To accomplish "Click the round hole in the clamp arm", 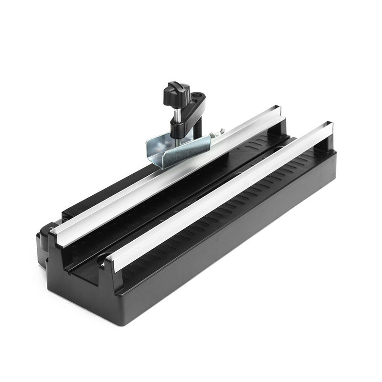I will (x=195, y=101).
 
